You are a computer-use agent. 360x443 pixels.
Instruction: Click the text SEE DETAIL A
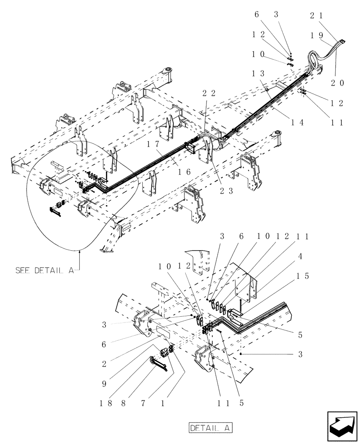[x=44, y=270]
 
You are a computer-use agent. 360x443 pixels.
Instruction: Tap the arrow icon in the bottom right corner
[x=341, y=426]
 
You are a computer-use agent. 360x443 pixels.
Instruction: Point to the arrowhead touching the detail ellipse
[x=79, y=252]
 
